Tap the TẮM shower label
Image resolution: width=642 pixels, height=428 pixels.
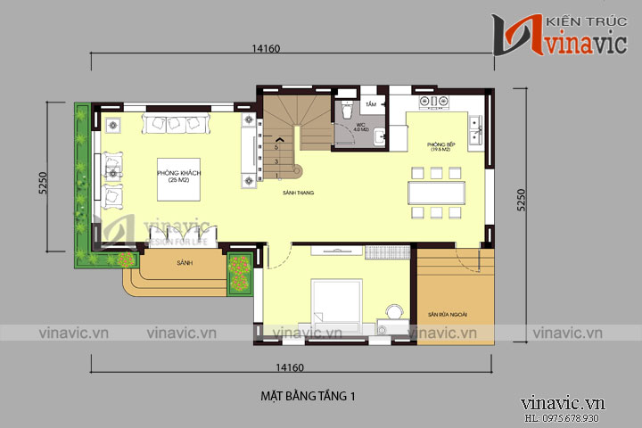point(370,104)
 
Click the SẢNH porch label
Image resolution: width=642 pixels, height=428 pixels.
point(185,263)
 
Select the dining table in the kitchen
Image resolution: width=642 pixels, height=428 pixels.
point(437,193)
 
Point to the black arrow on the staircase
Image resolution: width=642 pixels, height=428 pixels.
point(281,140)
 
